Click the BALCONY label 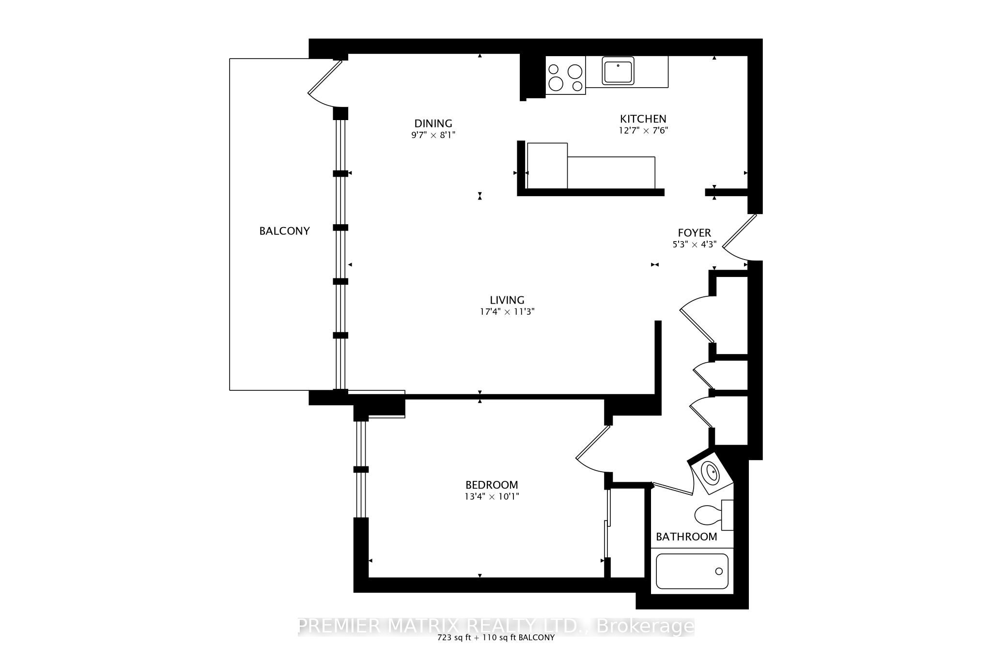pos(284,231)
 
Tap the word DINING pos(433,123)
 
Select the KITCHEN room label pos(643,119)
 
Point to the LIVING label pos(507,300)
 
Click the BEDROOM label pos(492,485)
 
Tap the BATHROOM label pos(686,537)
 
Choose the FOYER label pos(694,233)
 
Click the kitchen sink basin pos(618,71)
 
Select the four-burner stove pos(566,75)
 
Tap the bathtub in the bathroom pos(692,571)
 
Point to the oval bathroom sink pos(711,473)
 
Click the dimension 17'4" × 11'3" pos(507,312)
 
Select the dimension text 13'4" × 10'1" pos(492,496)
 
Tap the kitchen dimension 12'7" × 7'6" pos(643,130)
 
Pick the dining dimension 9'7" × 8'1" pos(433,135)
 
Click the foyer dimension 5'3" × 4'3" pos(694,245)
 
